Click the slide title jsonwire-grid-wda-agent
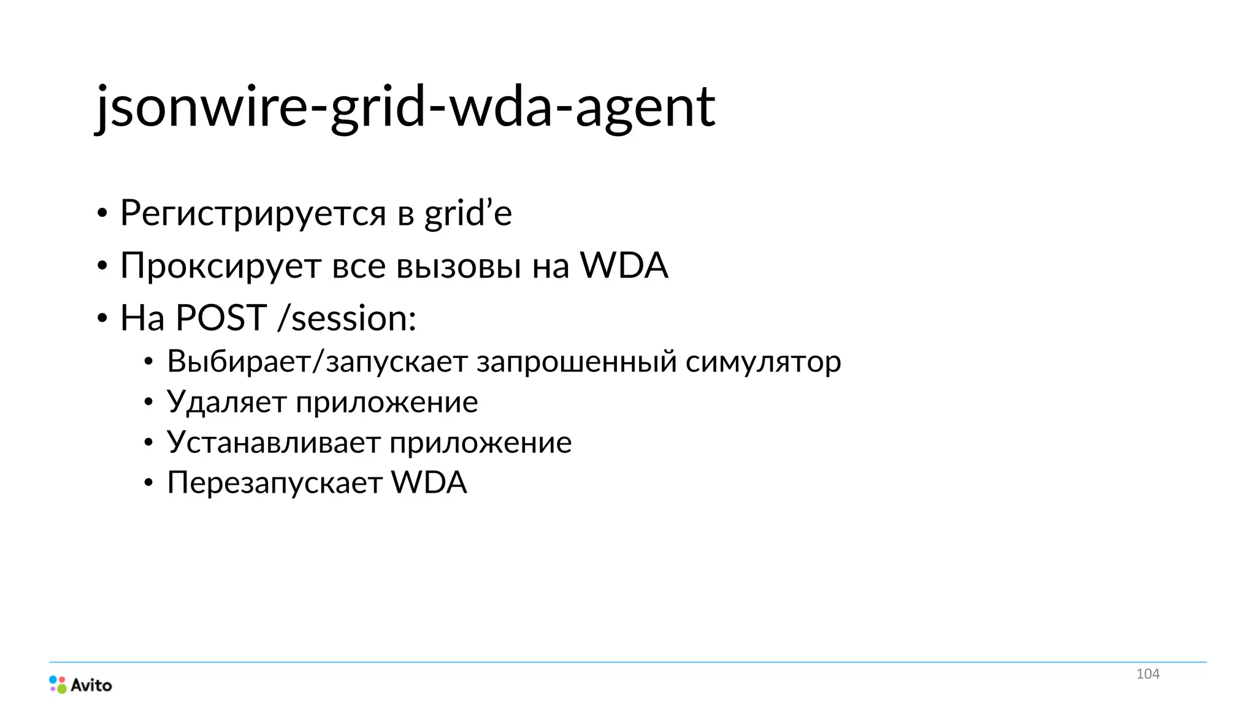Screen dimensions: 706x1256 405,107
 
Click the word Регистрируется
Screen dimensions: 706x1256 253,213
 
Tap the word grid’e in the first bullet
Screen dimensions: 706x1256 468,213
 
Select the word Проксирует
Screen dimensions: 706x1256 221,266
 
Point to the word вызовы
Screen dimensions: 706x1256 459,266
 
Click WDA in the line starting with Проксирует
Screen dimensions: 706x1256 624,265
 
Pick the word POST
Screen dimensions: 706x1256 221,318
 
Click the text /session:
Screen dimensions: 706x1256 347,318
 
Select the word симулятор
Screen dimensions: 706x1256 763,361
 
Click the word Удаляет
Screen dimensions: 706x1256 226,403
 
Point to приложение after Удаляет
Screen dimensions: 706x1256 386,403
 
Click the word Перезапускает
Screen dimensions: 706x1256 275,483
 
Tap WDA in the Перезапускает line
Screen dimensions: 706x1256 429,482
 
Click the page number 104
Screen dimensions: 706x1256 1147,674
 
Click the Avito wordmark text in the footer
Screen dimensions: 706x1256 91,685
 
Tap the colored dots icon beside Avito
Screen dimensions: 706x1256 58,685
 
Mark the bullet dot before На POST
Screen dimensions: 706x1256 102,319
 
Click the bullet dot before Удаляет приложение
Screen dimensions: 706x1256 148,403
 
